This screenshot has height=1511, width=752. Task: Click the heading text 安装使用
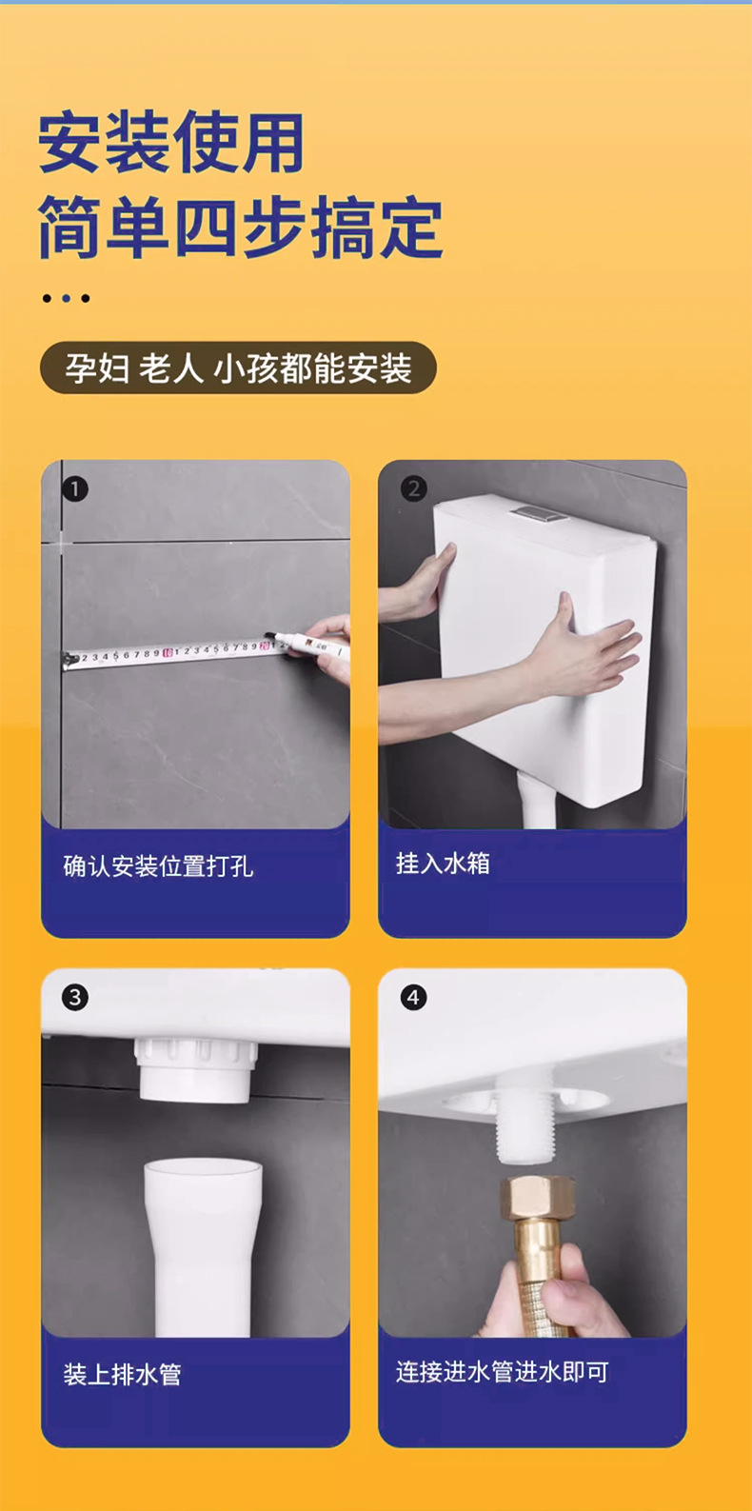[171, 142]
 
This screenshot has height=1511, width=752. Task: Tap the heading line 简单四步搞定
[241, 228]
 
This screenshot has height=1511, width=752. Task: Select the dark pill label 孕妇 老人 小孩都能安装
[238, 368]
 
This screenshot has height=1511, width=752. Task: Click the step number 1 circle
[75, 489]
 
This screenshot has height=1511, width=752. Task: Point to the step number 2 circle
[413, 489]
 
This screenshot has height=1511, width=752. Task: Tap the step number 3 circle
[75, 998]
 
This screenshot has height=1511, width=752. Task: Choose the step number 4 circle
[413, 998]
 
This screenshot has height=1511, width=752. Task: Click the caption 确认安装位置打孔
[159, 866]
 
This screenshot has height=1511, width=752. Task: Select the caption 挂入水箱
[443, 864]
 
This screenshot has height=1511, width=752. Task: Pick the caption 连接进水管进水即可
[503, 1371]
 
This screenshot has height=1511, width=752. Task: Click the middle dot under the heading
[66, 298]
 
